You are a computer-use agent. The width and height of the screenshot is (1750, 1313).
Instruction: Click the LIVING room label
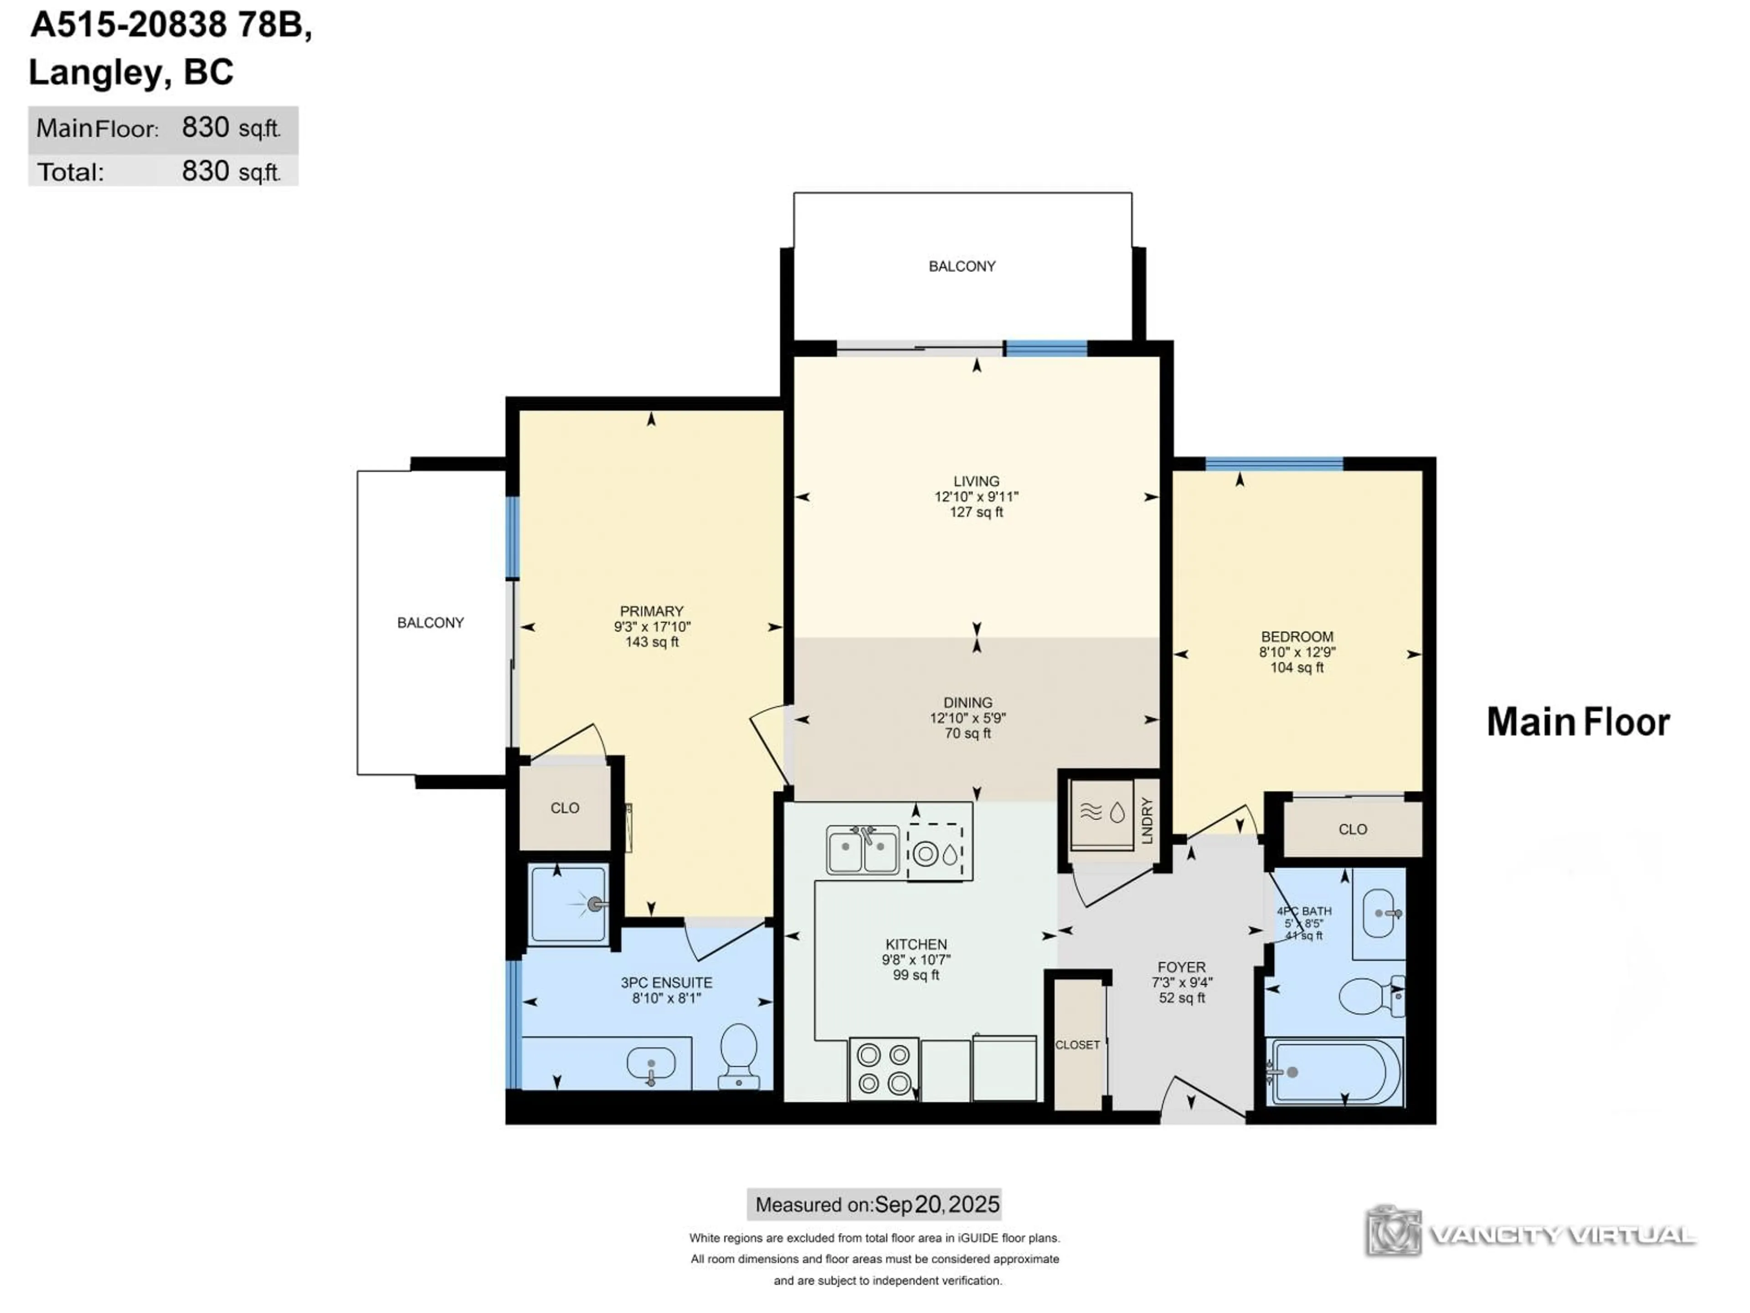tap(976, 481)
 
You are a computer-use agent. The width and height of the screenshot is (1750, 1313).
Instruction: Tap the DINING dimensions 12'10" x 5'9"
tap(968, 718)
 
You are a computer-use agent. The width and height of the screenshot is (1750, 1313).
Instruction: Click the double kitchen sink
tap(862, 850)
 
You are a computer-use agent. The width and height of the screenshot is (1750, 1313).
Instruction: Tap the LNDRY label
tap(1147, 821)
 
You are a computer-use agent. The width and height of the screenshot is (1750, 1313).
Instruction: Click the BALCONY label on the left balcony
tap(430, 623)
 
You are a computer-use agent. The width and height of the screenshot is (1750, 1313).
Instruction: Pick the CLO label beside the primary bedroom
tap(565, 808)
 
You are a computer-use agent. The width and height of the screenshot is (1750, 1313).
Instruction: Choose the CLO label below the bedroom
tap(1352, 829)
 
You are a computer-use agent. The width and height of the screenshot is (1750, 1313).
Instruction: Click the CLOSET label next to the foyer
tap(1077, 1045)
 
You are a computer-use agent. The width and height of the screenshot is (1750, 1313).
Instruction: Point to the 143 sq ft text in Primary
tap(652, 642)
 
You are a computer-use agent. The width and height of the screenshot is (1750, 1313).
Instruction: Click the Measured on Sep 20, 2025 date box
tap(874, 1204)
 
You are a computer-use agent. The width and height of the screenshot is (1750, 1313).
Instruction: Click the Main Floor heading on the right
tap(1578, 722)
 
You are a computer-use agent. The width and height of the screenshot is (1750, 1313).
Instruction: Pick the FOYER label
tap(1181, 967)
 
